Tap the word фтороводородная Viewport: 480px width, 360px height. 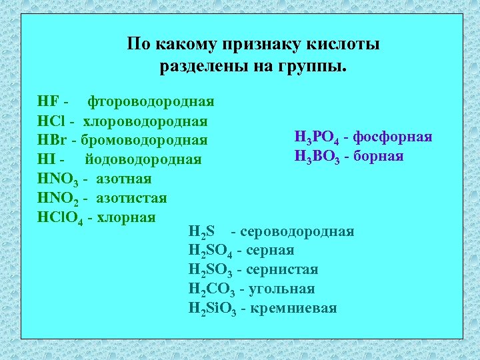(x=151, y=102)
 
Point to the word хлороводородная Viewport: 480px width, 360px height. (x=145, y=121)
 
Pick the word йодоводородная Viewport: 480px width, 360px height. (x=143, y=160)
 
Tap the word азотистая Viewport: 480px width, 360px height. (x=131, y=198)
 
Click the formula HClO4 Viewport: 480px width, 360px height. (x=61, y=218)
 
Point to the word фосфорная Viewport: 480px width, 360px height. (x=393, y=137)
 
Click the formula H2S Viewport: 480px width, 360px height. (x=201, y=232)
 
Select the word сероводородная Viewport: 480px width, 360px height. (x=297, y=231)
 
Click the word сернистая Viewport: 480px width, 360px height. (x=282, y=269)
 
